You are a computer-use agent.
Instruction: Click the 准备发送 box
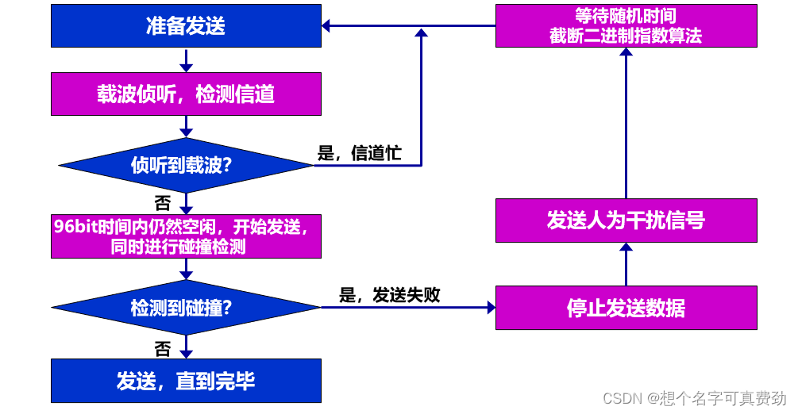pyautogui.click(x=186, y=26)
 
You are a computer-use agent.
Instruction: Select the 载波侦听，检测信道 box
pyautogui.click(x=186, y=94)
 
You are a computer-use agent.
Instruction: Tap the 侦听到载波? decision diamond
pyautogui.click(x=186, y=165)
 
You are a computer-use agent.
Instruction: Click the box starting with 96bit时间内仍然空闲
pyautogui.click(x=186, y=236)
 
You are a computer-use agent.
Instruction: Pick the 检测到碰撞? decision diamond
pyautogui.click(x=186, y=307)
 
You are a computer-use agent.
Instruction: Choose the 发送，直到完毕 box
pyautogui.click(x=186, y=381)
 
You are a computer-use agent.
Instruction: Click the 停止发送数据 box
pyautogui.click(x=626, y=308)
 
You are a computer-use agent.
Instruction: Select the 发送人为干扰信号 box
pyautogui.click(x=626, y=220)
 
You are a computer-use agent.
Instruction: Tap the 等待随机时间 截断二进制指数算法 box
pyautogui.click(x=626, y=26)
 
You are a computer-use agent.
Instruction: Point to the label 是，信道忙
pyautogui.click(x=359, y=154)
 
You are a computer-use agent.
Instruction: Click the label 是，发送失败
pyautogui.click(x=389, y=295)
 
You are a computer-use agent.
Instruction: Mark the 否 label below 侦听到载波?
pyautogui.click(x=162, y=202)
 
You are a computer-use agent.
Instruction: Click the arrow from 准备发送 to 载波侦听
pyautogui.click(x=186, y=59)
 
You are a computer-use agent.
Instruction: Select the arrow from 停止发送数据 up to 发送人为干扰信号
pyautogui.click(x=626, y=264)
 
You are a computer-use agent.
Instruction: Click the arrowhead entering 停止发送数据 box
pyautogui.click(x=489, y=308)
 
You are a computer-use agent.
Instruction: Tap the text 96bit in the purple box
pyautogui.click(x=71, y=226)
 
